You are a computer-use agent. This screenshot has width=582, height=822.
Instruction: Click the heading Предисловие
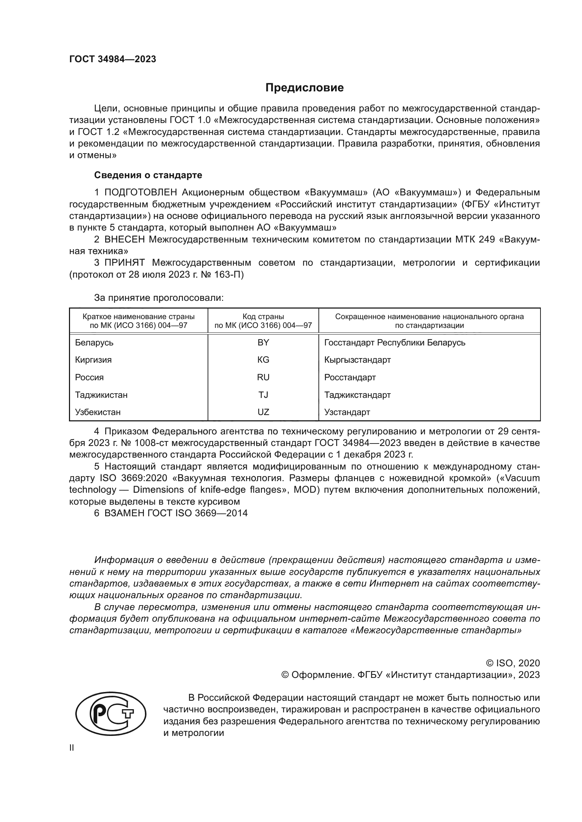[304, 88]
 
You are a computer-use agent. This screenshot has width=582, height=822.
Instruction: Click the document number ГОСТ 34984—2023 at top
[113, 59]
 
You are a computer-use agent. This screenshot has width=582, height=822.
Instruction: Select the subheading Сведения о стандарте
[148, 175]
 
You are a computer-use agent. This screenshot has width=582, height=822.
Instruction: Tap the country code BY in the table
[263, 343]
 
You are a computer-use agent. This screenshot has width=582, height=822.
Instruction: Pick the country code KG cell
[263, 360]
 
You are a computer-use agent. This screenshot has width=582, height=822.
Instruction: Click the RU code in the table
[263, 377]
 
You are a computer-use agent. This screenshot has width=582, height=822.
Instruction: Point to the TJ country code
[263, 395]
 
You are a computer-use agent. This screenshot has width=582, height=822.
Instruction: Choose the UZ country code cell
[263, 412]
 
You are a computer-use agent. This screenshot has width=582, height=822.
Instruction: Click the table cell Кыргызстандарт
[357, 360]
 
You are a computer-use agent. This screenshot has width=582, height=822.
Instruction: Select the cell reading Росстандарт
[350, 377]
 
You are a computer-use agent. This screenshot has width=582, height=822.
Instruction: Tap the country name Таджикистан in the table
[101, 395]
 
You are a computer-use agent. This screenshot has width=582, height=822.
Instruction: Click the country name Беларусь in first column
[94, 343]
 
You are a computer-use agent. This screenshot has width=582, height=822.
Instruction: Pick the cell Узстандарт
[347, 412]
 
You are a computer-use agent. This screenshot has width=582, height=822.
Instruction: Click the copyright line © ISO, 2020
[512, 663]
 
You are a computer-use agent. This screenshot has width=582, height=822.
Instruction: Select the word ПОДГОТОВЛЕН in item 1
[140, 193]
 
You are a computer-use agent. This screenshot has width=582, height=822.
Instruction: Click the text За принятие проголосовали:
[159, 298]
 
